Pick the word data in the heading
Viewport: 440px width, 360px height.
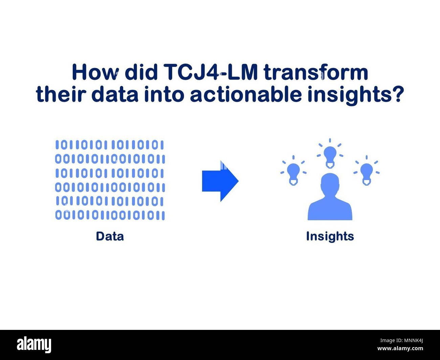[x=115, y=94]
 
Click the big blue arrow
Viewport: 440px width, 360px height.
[x=220, y=181]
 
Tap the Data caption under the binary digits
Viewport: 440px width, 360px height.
[x=110, y=236]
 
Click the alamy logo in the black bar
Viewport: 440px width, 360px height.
[x=34, y=344]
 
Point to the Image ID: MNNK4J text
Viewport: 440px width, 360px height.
[x=402, y=340]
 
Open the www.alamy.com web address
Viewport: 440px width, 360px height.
[x=400, y=348]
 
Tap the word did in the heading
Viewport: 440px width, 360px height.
[x=141, y=72]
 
